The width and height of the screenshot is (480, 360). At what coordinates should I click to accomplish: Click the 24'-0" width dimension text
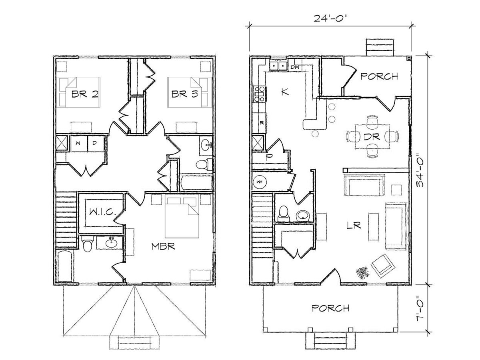pos(330,18)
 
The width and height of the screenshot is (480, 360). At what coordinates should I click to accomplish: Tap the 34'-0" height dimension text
pos(420,172)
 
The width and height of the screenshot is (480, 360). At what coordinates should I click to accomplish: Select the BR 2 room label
pos(85,94)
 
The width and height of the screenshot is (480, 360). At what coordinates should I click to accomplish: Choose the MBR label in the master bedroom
pos(163,246)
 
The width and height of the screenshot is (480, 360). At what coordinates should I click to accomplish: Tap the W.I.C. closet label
pos(102,212)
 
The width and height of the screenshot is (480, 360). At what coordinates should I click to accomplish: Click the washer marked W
pos(78,143)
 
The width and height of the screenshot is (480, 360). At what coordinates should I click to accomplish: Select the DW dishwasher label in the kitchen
pos(294,67)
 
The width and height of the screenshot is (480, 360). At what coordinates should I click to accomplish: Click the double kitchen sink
pos(278,65)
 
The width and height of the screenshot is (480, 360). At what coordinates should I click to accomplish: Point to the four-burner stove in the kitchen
pos(259,94)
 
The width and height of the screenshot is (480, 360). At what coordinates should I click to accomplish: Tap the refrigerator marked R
pos(260,123)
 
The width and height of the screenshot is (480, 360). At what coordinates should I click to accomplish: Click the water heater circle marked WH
pos(260,182)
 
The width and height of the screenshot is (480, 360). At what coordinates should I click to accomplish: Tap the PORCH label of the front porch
pos(330,308)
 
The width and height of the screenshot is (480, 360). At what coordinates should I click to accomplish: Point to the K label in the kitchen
pos(285,91)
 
